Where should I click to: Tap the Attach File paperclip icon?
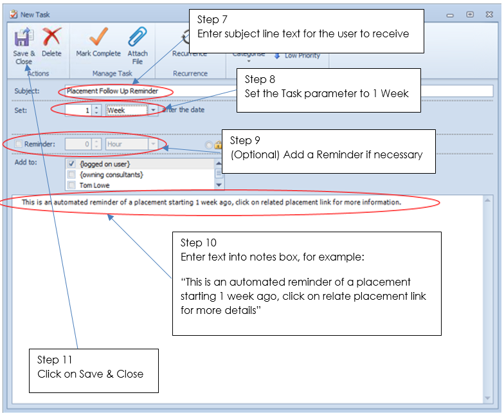point(138,41)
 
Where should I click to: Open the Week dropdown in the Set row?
point(153,110)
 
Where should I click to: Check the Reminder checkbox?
point(19,144)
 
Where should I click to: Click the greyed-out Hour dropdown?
point(132,144)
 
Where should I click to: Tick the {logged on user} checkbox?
point(71,164)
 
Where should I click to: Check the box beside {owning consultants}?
point(71,174)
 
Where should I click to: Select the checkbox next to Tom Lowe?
point(71,185)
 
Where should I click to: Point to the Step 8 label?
point(260,79)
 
